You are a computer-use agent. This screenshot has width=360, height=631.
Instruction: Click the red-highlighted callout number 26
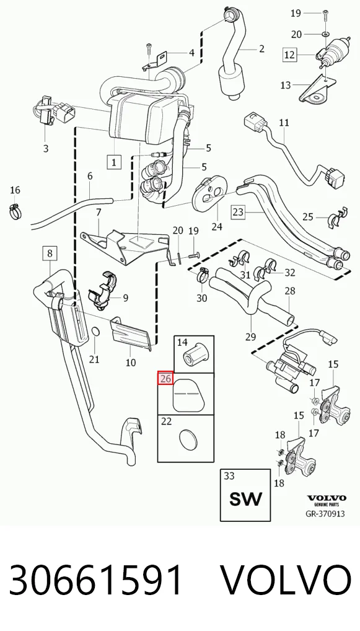(x=165, y=378)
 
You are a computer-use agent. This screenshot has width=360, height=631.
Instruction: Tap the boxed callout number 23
(x=238, y=211)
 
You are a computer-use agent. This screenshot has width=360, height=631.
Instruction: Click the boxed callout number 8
(x=50, y=254)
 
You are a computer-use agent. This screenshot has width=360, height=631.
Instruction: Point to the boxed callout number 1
(x=114, y=162)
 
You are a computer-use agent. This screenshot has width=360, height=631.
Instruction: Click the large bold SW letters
(x=245, y=499)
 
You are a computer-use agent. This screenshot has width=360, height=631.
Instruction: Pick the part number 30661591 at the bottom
(x=95, y=580)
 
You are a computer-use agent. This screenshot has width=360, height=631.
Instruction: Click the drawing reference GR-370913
(x=325, y=513)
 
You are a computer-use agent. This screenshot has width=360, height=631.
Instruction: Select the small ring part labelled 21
(x=96, y=332)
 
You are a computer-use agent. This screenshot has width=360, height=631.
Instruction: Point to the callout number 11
(x=284, y=122)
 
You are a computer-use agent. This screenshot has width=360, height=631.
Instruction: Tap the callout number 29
(x=250, y=337)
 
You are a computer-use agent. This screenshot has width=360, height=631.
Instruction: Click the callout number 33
(x=229, y=475)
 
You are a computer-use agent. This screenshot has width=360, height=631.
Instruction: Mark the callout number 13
(x=286, y=86)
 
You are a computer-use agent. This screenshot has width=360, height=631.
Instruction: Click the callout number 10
(x=131, y=363)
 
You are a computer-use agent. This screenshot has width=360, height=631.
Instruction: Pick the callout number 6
(x=90, y=176)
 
